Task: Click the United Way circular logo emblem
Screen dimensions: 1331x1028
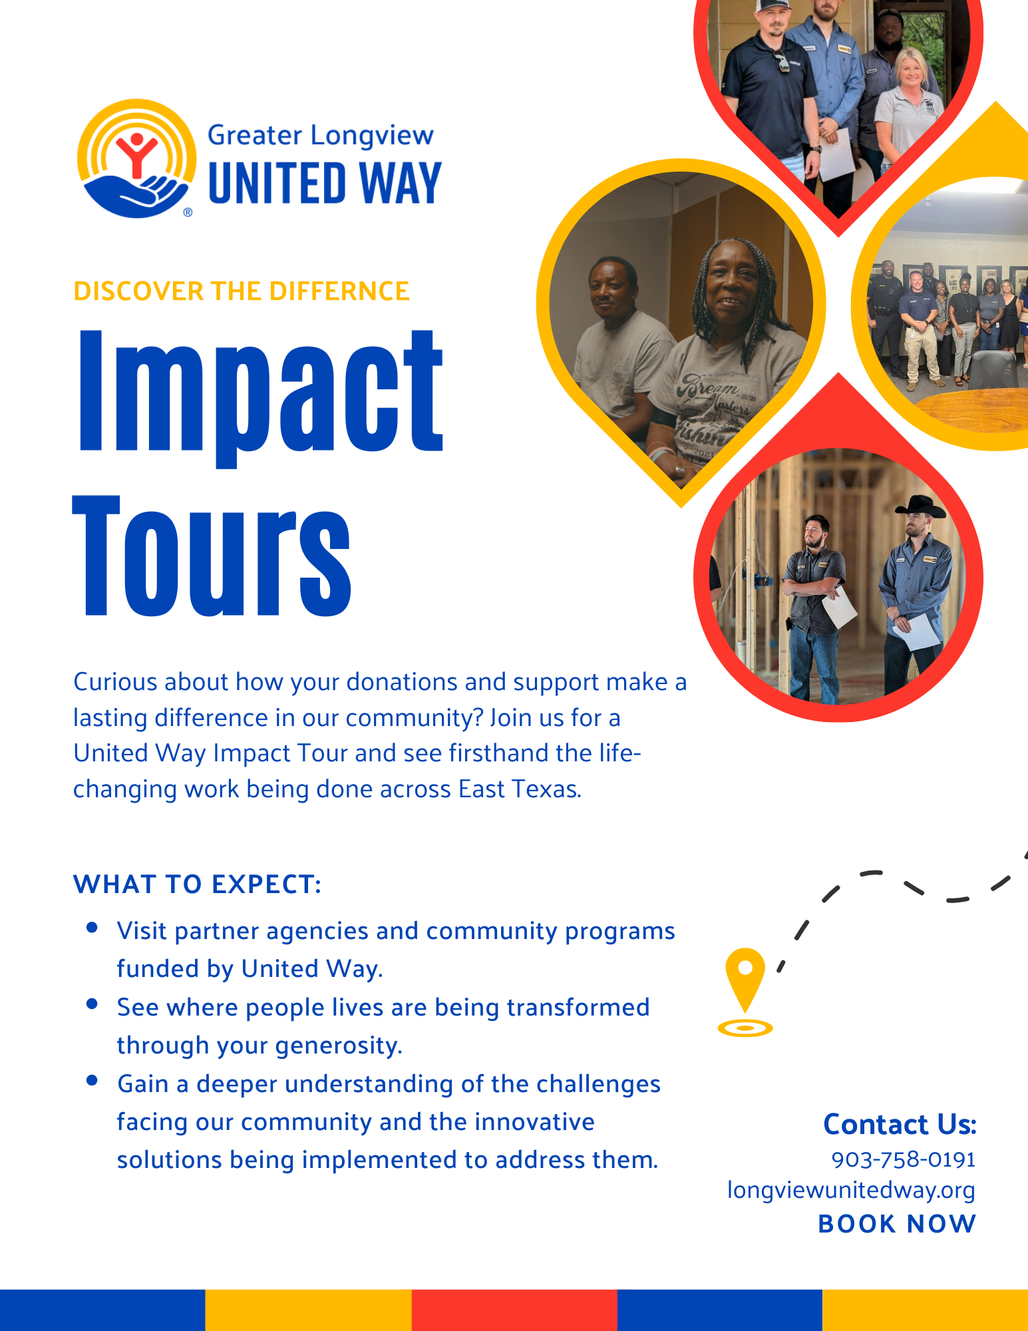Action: tap(136, 158)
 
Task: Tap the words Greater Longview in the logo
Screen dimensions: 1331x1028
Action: tap(320, 136)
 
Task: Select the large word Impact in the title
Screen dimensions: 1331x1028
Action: tap(260, 393)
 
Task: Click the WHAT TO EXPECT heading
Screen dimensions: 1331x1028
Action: tap(198, 884)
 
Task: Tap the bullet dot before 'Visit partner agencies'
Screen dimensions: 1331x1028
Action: tap(92, 927)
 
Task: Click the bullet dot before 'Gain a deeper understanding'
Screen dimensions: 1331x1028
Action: tap(92, 1080)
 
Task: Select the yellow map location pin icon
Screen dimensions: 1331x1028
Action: tap(745, 982)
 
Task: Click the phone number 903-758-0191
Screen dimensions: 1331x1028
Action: tap(903, 1160)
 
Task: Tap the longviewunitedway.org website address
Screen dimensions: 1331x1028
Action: tap(851, 1190)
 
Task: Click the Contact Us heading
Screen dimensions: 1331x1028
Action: tap(900, 1125)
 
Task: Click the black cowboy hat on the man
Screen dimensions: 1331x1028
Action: tap(921, 507)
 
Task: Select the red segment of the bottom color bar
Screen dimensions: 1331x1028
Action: tap(514, 1310)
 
